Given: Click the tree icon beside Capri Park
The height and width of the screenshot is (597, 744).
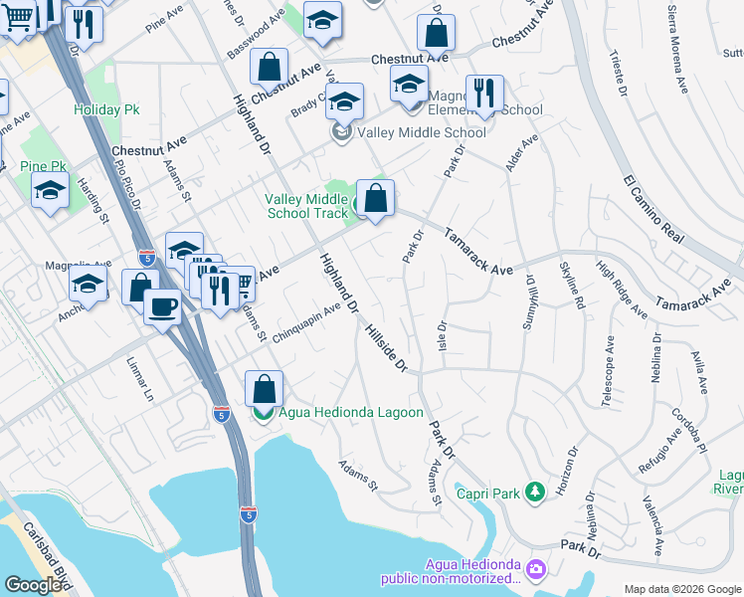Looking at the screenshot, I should tap(535, 491).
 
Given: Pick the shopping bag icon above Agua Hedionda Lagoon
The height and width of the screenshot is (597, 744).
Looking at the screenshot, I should tap(264, 388).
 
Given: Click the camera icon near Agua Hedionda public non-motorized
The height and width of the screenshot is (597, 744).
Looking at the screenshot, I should tap(537, 570).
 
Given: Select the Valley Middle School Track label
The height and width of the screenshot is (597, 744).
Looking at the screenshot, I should tap(305, 206).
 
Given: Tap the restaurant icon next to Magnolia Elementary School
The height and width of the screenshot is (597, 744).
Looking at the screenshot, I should tap(484, 94).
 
